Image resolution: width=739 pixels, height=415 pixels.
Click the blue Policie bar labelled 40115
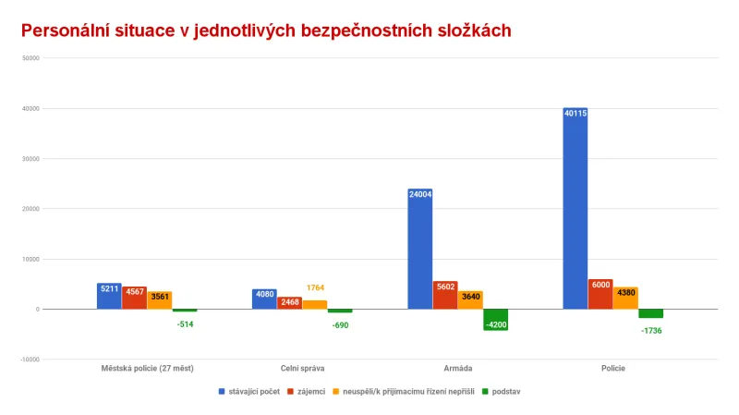575,208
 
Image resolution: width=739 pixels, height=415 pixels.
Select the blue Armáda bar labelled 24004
419,249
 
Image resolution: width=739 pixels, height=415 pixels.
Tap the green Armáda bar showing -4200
495,319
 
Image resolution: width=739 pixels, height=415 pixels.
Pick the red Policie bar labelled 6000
600,294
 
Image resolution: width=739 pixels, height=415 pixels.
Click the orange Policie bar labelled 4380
625,298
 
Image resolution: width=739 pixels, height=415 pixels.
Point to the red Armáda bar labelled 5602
445,295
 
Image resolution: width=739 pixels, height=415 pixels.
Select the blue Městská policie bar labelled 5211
109,296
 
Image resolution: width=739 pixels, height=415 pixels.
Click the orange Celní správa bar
314,304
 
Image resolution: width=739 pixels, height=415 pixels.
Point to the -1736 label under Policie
650,330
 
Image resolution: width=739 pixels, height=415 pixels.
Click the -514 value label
185,323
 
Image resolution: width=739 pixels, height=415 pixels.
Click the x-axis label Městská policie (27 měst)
147,368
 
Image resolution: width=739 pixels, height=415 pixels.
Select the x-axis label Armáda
457,368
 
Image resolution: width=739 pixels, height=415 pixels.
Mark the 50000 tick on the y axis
28,58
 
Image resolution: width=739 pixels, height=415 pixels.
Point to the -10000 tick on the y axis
26,360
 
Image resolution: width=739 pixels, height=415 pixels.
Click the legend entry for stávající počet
251,392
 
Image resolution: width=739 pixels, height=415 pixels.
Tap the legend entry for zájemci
311,392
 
